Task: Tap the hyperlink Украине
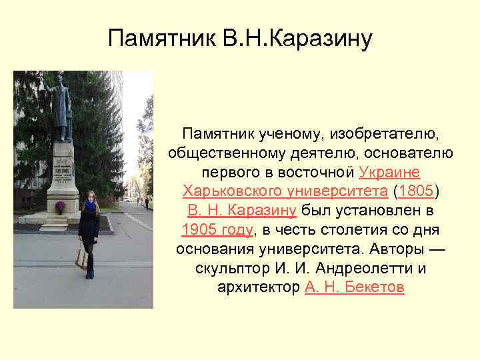coord(389,172)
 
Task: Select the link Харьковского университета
coord(285,191)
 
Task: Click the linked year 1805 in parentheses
coord(416,191)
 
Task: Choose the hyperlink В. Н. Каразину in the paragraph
coord(242,211)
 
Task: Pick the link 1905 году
coord(217,230)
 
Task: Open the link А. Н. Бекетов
coord(354,288)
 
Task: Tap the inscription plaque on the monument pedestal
coord(63,167)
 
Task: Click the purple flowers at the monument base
coord(59,206)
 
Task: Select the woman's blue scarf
coord(90,206)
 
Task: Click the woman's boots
coord(89,271)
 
